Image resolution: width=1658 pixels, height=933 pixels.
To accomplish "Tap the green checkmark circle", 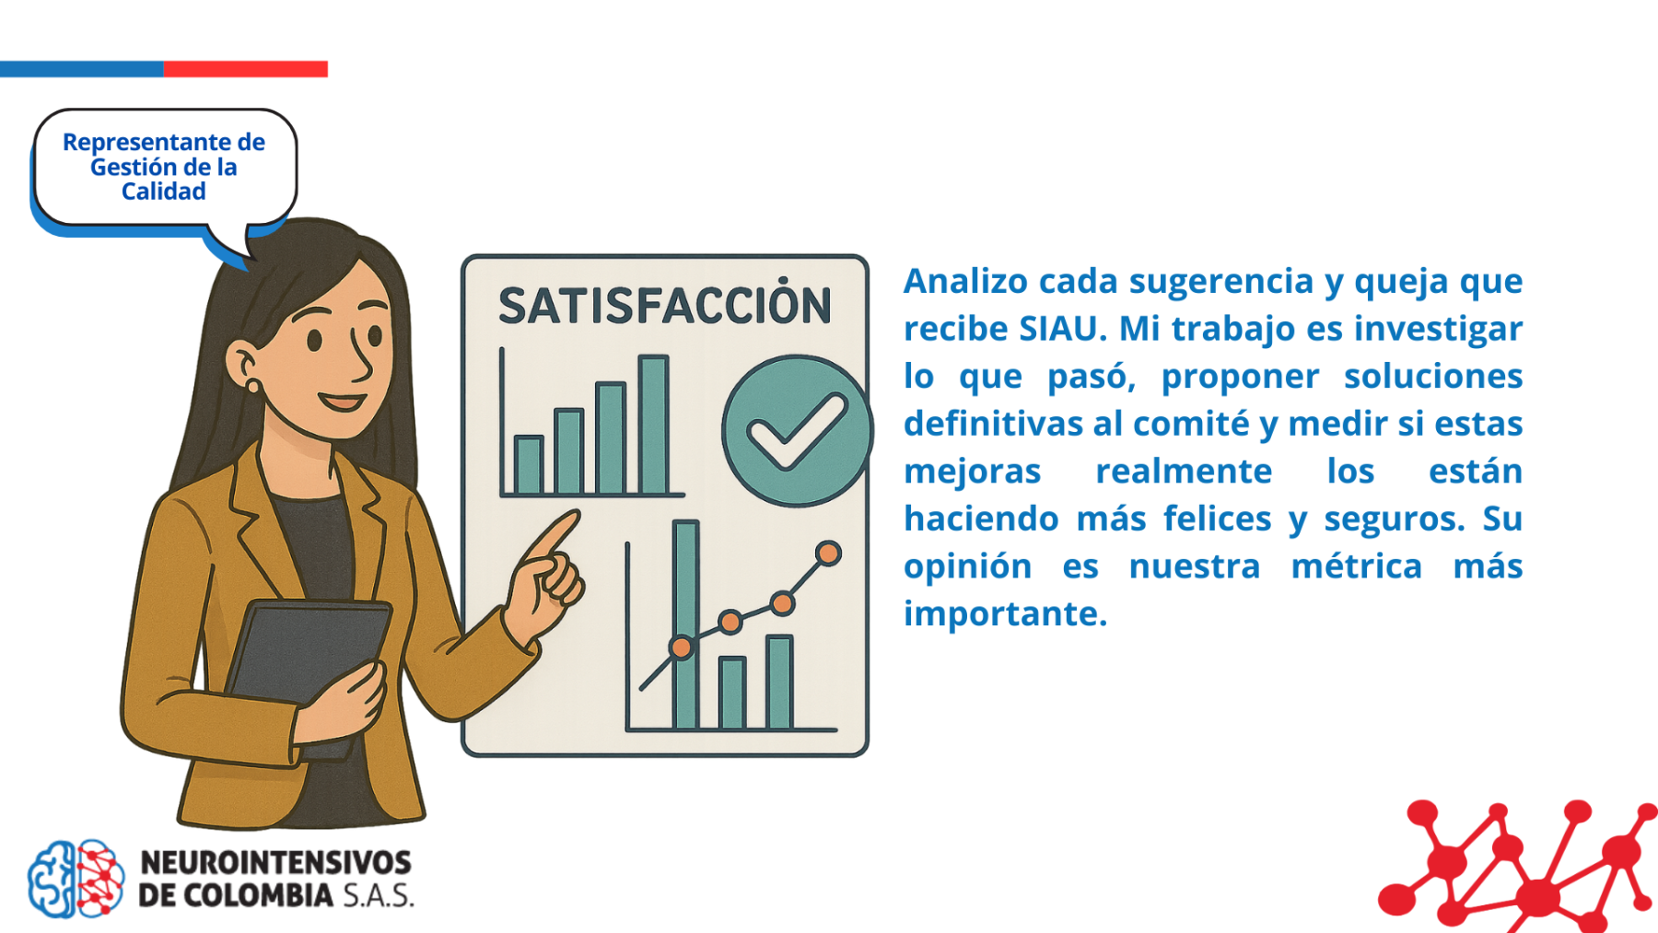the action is (x=797, y=431).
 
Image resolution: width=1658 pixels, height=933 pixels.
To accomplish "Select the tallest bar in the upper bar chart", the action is (x=653, y=425).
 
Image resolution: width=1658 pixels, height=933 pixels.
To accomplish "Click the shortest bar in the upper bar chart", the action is (x=529, y=465).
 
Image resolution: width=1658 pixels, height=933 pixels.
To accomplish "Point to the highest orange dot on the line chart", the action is (x=828, y=554).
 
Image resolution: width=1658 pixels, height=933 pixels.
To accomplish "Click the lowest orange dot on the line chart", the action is (x=682, y=647).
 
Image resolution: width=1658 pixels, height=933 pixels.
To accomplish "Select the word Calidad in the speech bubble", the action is (x=164, y=192).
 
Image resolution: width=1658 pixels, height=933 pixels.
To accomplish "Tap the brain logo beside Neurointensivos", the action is (x=76, y=879).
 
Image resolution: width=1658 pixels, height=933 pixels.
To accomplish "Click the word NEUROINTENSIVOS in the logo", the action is (x=275, y=862).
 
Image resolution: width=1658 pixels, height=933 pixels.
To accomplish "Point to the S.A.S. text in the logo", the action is (x=379, y=895).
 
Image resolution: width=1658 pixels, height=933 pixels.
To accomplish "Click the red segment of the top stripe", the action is (x=245, y=69).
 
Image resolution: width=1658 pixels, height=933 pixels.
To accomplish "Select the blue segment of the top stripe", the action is (x=81, y=69).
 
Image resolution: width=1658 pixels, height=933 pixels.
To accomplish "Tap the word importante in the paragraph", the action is (x=1005, y=614).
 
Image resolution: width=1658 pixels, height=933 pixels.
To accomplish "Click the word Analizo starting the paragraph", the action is (x=965, y=281).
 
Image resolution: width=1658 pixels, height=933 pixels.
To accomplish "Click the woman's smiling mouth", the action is (x=343, y=402).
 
